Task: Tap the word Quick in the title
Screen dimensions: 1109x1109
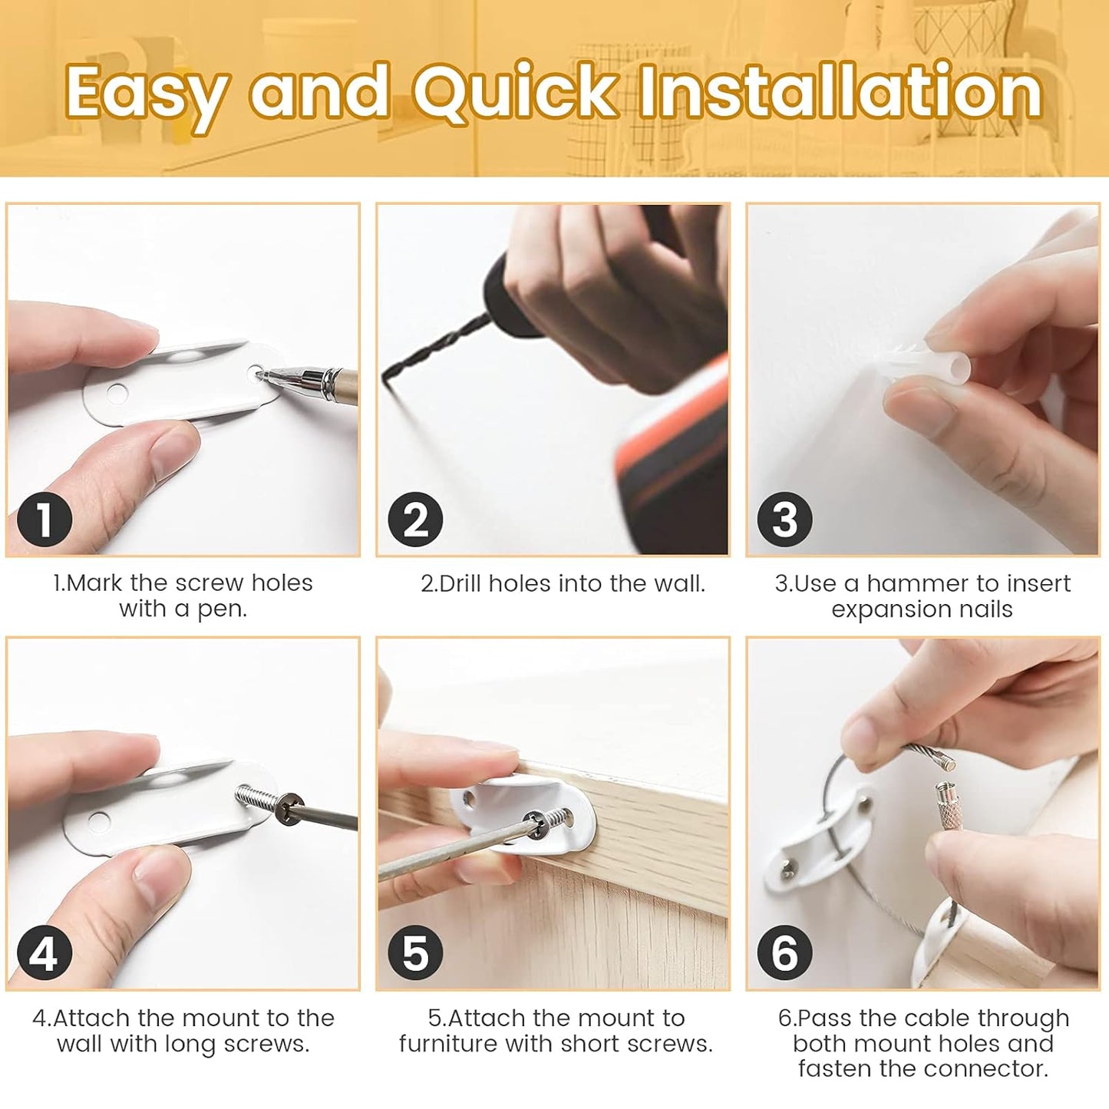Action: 516,92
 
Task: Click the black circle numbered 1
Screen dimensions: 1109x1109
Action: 44,520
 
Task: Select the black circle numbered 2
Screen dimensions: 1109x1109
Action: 415,520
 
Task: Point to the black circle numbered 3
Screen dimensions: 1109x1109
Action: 784,520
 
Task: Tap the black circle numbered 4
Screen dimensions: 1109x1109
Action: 44,953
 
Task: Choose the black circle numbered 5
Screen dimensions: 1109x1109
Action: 415,953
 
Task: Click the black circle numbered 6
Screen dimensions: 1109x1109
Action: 784,953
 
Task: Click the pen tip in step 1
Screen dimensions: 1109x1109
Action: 262,375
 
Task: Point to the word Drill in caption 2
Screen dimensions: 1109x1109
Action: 460,584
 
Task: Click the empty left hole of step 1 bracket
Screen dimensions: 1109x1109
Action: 117,394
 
